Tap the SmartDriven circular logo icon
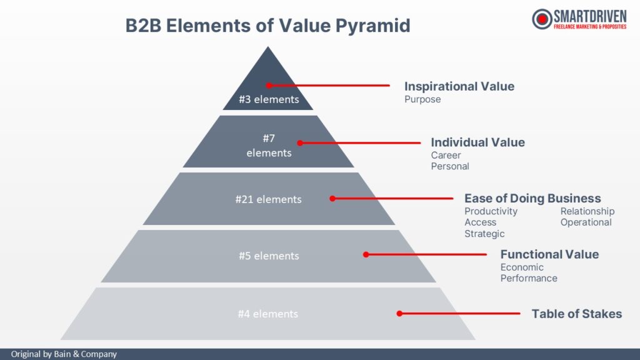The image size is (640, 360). (542, 19)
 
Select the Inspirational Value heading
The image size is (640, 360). (459, 86)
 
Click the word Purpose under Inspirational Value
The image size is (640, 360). (422, 99)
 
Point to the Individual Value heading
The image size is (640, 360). (478, 142)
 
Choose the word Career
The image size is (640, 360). (446, 155)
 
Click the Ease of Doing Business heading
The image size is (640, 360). (532, 199)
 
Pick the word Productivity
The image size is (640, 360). (491, 211)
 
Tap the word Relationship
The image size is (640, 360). (587, 211)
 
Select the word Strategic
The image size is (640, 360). (484, 234)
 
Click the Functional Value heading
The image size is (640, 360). (549, 254)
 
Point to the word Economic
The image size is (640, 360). (522, 267)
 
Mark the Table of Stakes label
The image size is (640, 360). (577, 314)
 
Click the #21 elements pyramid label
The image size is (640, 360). (268, 199)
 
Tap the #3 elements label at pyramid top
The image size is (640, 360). (269, 99)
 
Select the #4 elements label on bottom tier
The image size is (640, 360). (267, 314)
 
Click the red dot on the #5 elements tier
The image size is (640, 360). (366, 254)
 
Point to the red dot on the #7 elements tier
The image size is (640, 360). (300, 142)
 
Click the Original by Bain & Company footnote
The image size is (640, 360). (64, 354)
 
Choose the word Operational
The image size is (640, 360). (586, 222)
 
